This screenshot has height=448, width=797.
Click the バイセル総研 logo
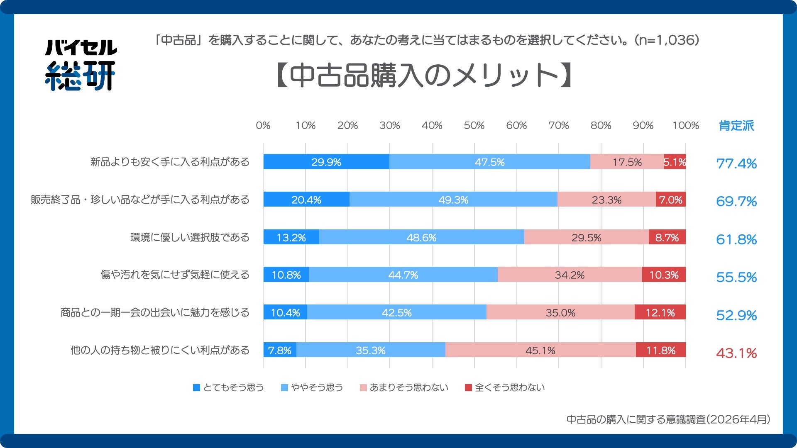[80, 65]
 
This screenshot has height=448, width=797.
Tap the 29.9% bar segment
[326, 162]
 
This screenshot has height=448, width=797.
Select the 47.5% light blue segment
[489, 162]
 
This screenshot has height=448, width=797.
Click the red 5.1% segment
[675, 162]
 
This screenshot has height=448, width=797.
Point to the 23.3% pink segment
[606, 200]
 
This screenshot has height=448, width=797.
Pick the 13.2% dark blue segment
[291, 237]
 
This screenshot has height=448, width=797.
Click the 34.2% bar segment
[570, 275]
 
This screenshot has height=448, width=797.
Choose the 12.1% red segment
[660, 312]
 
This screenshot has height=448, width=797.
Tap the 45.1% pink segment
[540, 350]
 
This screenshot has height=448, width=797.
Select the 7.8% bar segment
[279, 350]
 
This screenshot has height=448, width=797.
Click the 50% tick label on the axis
[474, 125]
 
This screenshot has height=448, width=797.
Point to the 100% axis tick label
[685, 125]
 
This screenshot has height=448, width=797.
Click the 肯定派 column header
[736, 125]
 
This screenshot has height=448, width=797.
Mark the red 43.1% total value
[736, 353]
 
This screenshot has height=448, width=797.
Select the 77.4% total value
[736, 163]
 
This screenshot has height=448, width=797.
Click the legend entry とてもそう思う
[229, 387]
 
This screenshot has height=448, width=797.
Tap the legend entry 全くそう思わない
[505, 387]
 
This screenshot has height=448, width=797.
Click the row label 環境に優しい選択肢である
[190, 237]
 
